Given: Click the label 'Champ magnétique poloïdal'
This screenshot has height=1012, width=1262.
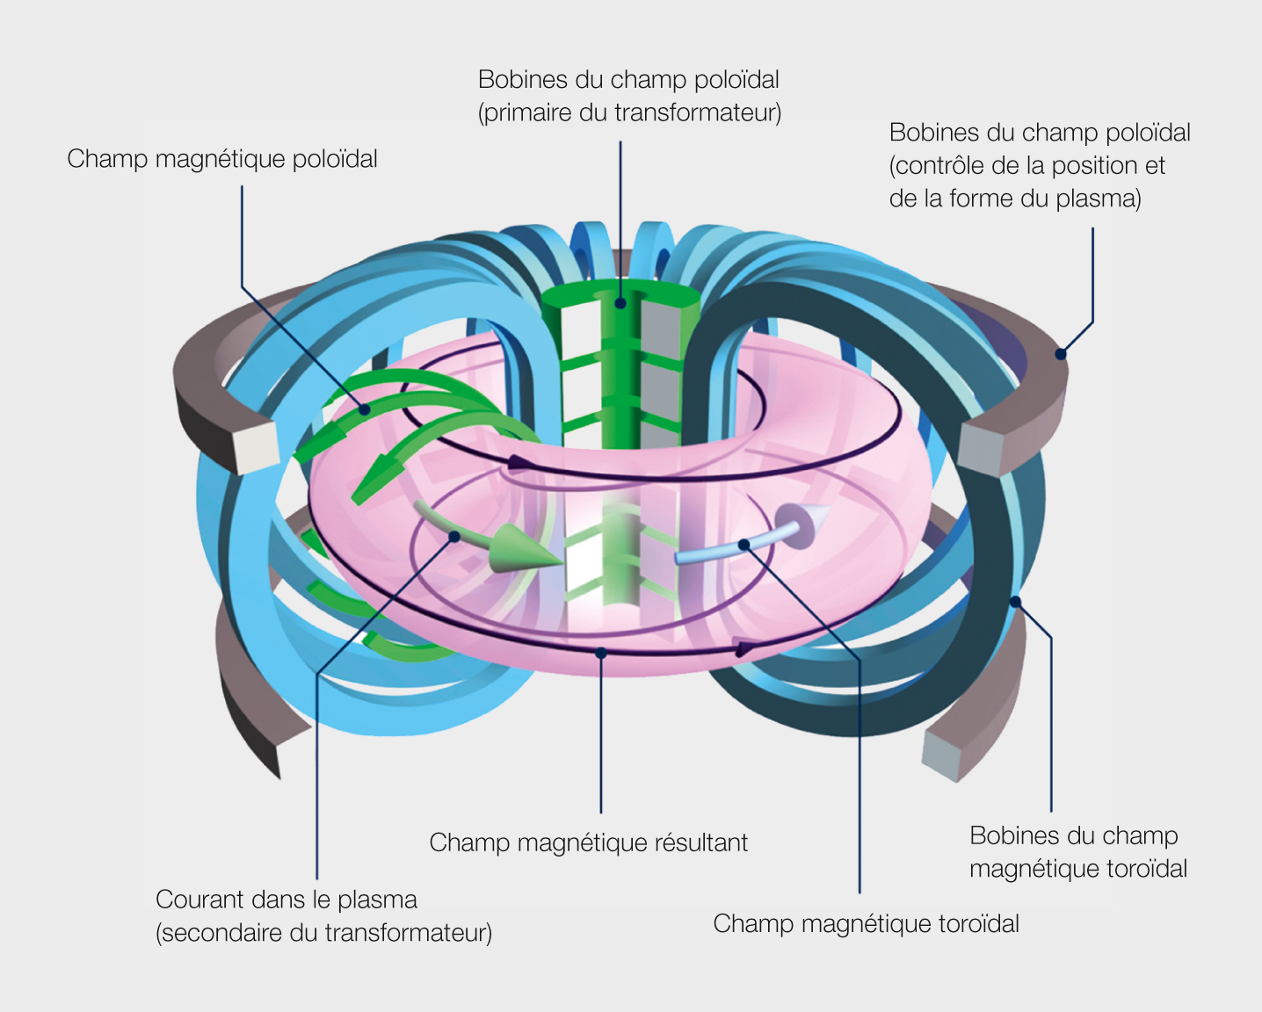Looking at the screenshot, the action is pyautogui.click(x=221, y=160).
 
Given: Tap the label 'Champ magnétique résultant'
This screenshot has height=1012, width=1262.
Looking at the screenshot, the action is pyautogui.click(x=588, y=843).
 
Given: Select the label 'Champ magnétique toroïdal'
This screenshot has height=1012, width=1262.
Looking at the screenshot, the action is pyautogui.click(x=867, y=924).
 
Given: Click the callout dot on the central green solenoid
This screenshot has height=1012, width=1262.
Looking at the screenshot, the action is pyautogui.click(x=620, y=303).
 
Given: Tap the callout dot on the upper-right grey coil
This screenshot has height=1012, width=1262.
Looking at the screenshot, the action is pyautogui.click(x=1060, y=354).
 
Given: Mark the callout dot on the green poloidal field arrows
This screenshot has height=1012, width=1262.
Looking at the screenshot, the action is pyautogui.click(x=364, y=410).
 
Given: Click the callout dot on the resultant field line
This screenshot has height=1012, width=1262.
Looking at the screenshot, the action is pyautogui.click(x=600, y=654).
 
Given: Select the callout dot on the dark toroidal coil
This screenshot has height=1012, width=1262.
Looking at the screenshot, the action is pyautogui.click(x=1015, y=602).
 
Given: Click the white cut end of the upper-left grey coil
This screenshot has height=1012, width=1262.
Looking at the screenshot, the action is pyautogui.click(x=256, y=447).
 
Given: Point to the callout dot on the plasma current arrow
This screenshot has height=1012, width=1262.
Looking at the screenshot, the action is pyautogui.click(x=453, y=537).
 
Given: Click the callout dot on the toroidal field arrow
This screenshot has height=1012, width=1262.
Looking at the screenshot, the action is pyautogui.click(x=743, y=545).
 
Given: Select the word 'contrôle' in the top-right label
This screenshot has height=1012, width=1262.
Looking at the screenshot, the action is pyautogui.click(x=940, y=166).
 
